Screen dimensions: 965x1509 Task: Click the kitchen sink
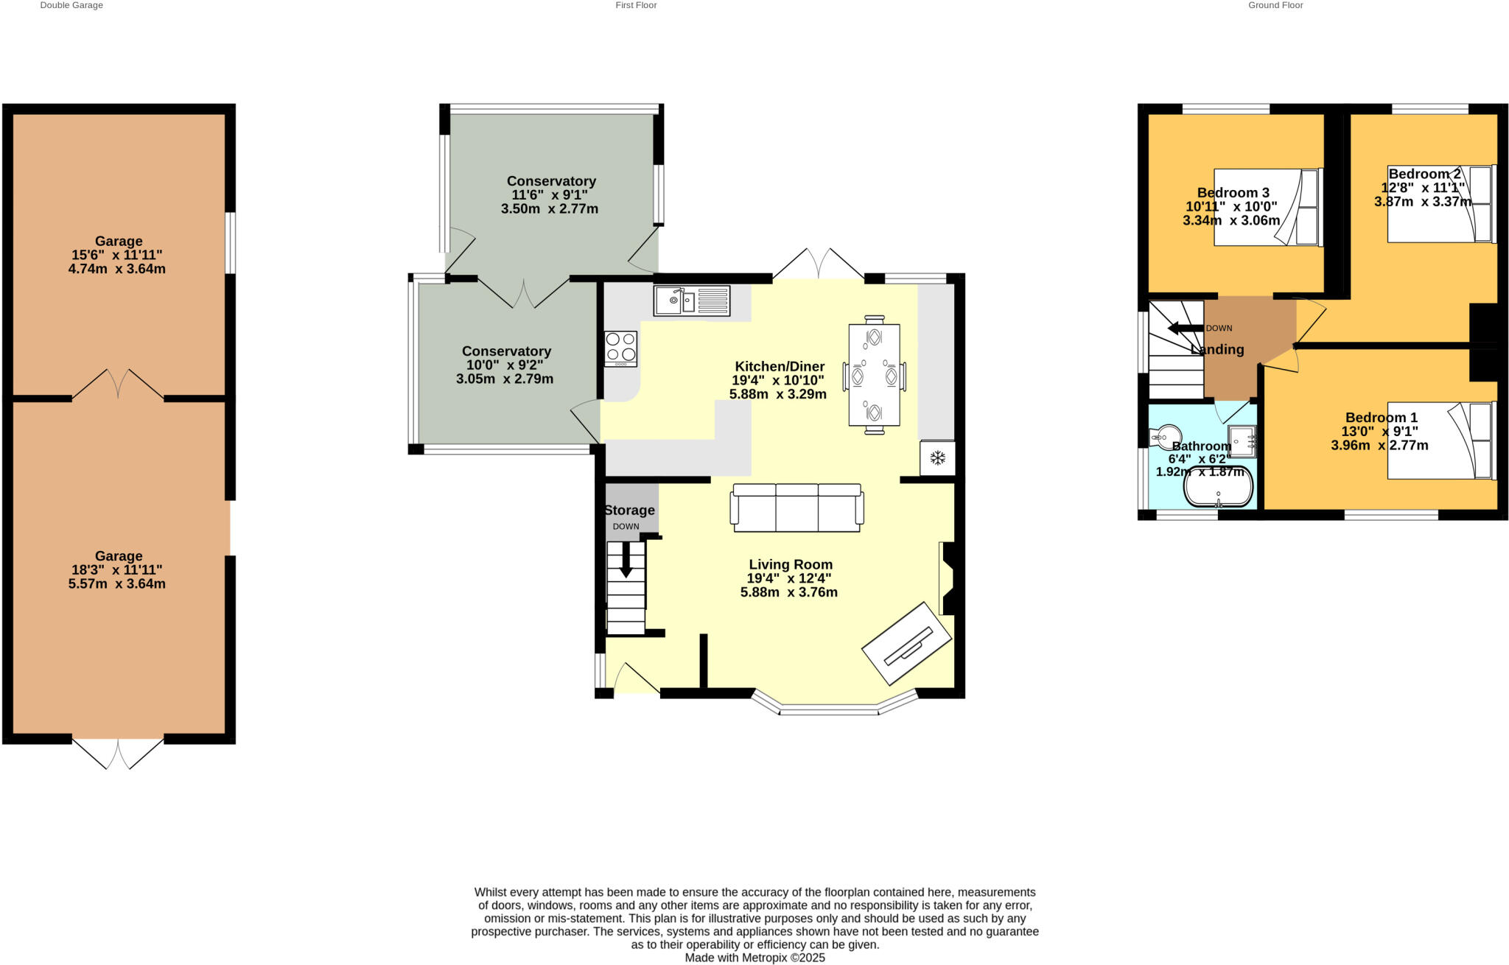(x=690, y=301)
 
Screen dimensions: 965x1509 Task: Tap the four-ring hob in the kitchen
(x=620, y=348)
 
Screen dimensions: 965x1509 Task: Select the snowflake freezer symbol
(x=937, y=458)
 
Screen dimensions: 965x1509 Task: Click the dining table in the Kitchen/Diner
(x=874, y=374)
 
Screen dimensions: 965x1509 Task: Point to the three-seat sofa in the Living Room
(x=796, y=508)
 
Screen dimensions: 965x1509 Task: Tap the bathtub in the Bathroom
(x=1218, y=487)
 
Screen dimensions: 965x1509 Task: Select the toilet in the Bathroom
(x=1166, y=436)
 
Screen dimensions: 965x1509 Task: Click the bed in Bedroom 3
(x=1268, y=207)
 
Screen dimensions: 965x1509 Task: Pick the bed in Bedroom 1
(x=1440, y=440)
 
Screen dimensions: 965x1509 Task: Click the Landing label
(x=1217, y=350)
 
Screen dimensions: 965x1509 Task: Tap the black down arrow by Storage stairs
(x=626, y=561)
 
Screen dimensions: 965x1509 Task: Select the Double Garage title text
(x=71, y=5)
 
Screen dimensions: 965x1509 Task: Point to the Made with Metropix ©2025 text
(x=754, y=958)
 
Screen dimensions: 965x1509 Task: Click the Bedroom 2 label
(x=1424, y=174)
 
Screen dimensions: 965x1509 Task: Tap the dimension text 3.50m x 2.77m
(x=550, y=209)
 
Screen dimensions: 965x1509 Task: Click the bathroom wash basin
(x=1242, y=441)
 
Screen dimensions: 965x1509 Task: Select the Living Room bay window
(x=829, y=709)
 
